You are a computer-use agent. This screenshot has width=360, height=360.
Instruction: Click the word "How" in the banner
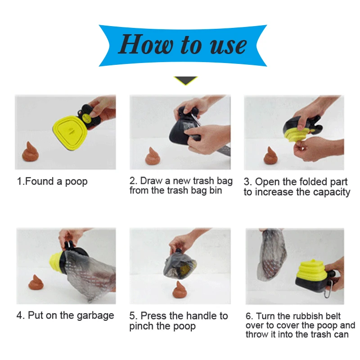point(146,44)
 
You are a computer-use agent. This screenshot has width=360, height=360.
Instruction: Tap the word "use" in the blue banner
point(228,46)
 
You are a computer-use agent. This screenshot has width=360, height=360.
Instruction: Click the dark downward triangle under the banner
point(185,81)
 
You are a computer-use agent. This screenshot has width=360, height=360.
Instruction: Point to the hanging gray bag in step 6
point(272,254)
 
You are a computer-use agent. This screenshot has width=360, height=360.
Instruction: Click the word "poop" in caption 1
point(76,182)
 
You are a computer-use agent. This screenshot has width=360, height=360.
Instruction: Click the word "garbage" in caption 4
point(95,316)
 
